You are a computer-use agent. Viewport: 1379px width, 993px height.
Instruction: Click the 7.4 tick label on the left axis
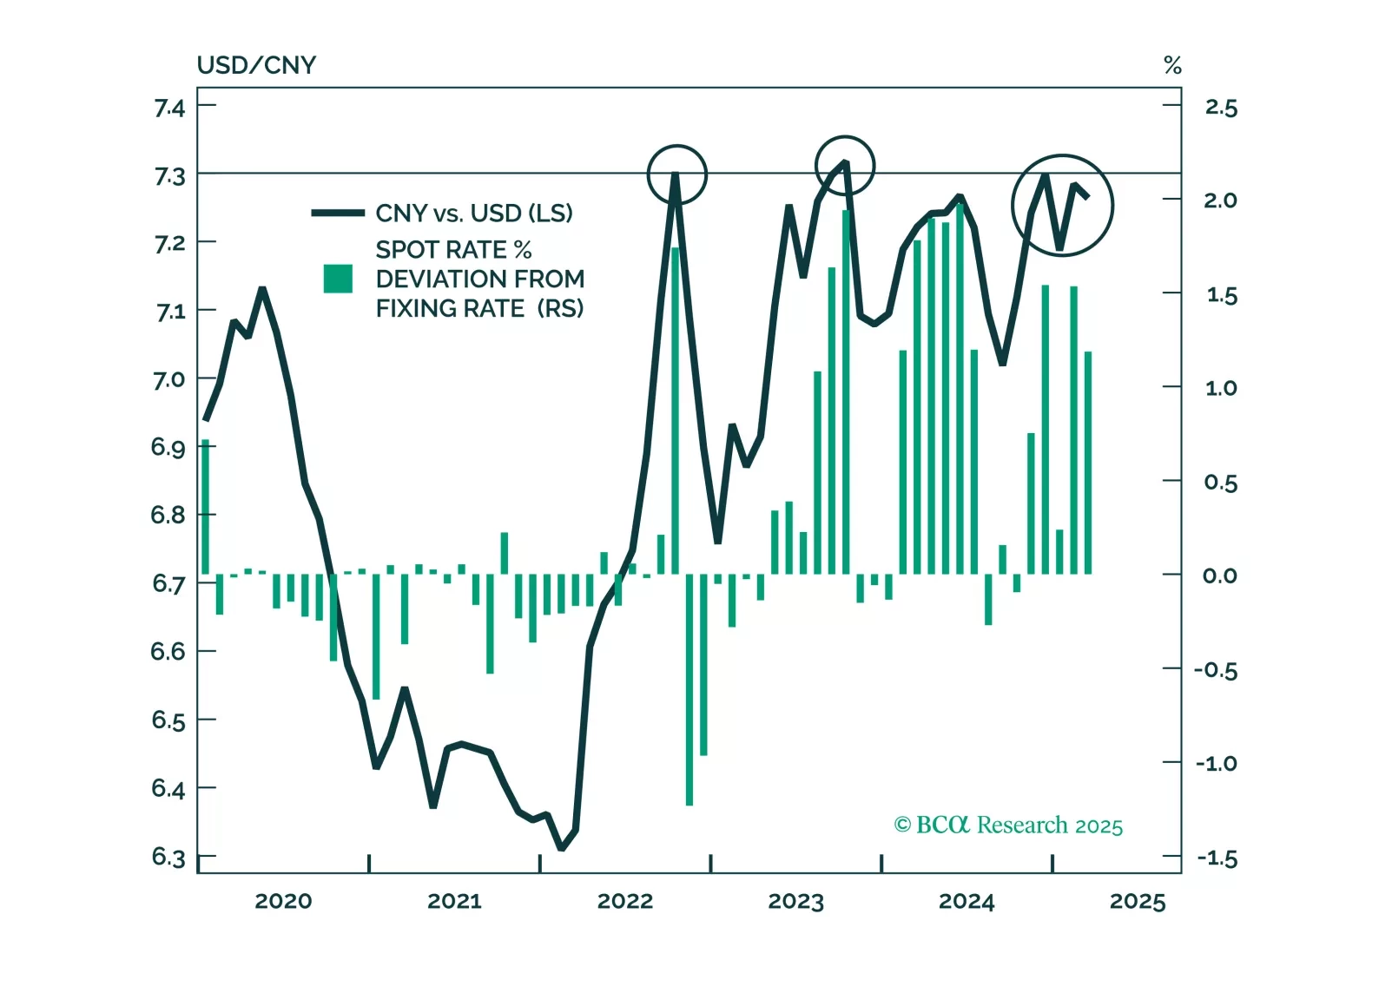(169, 108)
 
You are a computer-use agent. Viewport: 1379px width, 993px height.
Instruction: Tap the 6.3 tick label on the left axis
(168, 857)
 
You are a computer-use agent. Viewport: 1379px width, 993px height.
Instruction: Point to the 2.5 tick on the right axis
(1220, 108)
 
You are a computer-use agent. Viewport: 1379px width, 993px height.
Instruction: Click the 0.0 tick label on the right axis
(1220, 575)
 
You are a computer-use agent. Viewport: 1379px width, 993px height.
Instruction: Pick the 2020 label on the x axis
(283, 901)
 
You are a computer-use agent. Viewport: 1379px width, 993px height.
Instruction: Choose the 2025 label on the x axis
(1138, 901)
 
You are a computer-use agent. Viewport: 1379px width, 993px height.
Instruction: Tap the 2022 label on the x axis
(625, 901)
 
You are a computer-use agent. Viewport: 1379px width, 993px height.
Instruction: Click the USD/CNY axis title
(256, 65)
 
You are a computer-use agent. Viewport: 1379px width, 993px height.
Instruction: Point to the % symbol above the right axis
(1172, 65)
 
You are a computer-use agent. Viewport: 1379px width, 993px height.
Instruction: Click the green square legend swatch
(338, 279)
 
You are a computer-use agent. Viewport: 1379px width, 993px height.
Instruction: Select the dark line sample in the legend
(338, 213)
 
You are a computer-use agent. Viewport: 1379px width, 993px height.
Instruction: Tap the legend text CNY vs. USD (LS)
(474, 213)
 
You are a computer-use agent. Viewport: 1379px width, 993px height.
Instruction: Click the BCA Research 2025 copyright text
(1008, 825)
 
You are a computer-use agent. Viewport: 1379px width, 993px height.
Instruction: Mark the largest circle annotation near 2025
(1062, 206)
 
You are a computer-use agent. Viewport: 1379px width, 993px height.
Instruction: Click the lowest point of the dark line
(562, 848)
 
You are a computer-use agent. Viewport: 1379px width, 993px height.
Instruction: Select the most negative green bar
(689, 690)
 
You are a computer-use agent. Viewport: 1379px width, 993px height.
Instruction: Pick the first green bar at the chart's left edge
(206, 508)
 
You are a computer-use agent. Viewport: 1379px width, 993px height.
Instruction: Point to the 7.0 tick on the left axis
(169, 379)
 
